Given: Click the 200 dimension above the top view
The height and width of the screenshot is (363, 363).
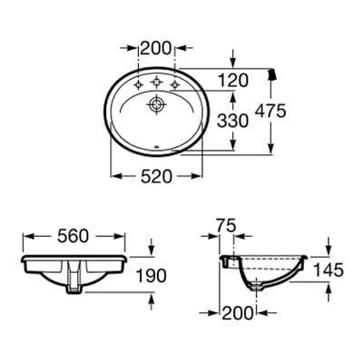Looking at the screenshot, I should pyautogui.click(x=157, y=46).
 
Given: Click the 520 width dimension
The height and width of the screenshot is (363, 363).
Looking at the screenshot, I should pyautogui.click(x=157, y=177).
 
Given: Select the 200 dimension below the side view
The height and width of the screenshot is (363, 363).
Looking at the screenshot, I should pyautogui.click(x=239, y=313).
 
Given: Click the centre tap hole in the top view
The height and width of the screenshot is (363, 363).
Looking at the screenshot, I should pyautogui.click(x=157, y=81).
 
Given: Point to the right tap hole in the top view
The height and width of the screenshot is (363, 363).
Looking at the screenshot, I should pyautogui.click(x=176, y=86).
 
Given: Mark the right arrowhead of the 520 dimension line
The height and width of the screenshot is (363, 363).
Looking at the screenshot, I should pyautogui.click(x=201, y=176).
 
